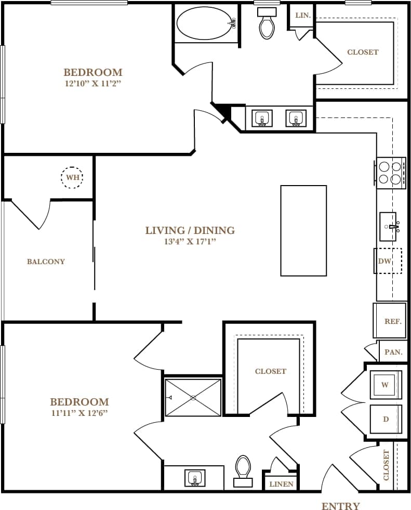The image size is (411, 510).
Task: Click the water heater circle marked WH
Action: pyautogui.click(x=72, y=177)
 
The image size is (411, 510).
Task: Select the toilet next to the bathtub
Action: pyautogui.click(x=267, y=24)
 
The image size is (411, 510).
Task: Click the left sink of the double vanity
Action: pyautogui.click(x=262, y=119)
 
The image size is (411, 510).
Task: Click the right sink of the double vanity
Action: pyautogui.click(x=296, y=119)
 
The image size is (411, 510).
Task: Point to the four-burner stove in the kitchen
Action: pyautogui.click(x=391, y=173)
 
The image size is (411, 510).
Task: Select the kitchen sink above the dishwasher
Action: pyautogui.click(x=389, y=227)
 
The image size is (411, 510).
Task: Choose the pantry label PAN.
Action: pyautogui.click(x=393, y=352)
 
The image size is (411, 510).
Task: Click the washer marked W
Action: pyautogui.click(x=385, y=385)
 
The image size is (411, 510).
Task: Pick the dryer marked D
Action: pyautogui.click(x=386, y=419)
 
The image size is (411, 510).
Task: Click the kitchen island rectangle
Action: pyautogui.click(x=303, y=230)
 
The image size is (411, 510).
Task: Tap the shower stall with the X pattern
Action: pyautogui.click(x=193, y=398)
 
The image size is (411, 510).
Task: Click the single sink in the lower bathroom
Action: pyautogui.click(x=195, y=477)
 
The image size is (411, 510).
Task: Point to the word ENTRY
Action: pyautogui.click(x=340, y=506)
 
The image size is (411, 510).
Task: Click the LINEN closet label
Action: pyautogui.click(x=281, y=484)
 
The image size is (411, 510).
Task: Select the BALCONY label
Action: pyautogui.click(x=46, y=261)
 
